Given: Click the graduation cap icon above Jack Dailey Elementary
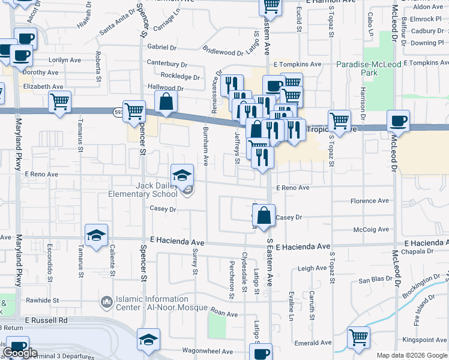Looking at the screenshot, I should [182, 175].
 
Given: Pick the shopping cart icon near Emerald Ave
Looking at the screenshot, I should [358, 338].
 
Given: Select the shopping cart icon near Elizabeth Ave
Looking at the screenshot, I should [59, 102].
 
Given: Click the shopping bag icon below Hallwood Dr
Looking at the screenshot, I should [166, 102].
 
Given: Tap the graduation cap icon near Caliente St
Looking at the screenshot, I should [95, 236].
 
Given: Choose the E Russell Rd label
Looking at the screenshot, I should [47, 320].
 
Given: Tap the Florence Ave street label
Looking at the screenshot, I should [370, 201].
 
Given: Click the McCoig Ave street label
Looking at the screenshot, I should [372, 229].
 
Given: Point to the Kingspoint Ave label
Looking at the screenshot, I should [425, 340].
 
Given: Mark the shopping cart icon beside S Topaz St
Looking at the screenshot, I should [339, 121].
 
